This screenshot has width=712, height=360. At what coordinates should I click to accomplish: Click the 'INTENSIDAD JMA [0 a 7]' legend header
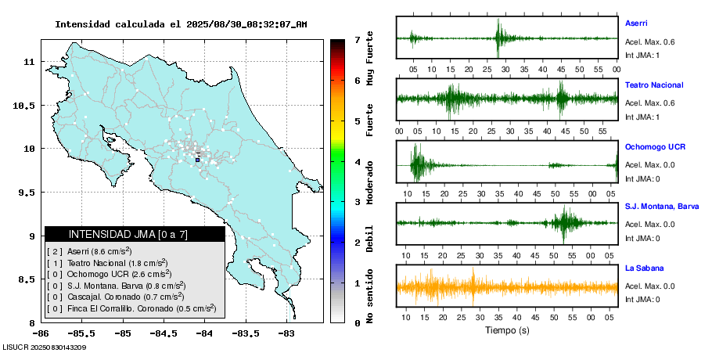pos(135,234)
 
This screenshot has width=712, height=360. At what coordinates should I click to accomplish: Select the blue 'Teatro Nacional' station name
pos(654,85)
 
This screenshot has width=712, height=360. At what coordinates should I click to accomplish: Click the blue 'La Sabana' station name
pos(644,268)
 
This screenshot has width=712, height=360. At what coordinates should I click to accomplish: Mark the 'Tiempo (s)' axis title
pos(507,330)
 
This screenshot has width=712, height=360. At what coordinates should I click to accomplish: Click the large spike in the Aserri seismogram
pos(498,37)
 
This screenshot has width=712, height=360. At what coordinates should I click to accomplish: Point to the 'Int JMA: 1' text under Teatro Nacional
pos(642,117)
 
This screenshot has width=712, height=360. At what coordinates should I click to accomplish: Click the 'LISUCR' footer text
pos(15,347)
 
